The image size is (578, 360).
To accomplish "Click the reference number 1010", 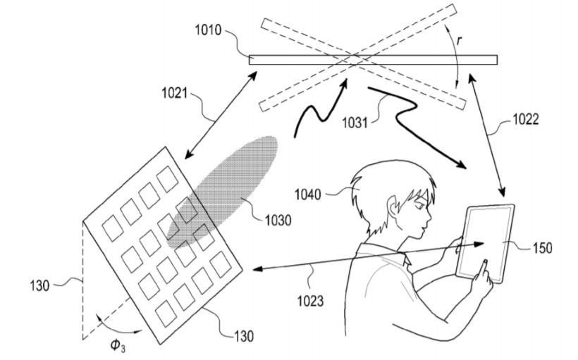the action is pyautogui.click(x=208, y=30).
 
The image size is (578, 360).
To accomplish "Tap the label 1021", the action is pyautogui.click(x=175, y=93).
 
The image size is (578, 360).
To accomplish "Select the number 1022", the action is pyautogui.click(x=526, y=119).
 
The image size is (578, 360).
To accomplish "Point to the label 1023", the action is pyautogui.click(x=310, y=301).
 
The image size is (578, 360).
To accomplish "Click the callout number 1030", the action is pyautogui.click(x=278, y=221).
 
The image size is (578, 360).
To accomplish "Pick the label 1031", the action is pyautogui.click(x=355, y=123).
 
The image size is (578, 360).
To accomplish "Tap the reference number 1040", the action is pyautogui.click(x=308, y=194).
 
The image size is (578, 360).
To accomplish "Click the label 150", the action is pyautogui.click(x=542, y=248).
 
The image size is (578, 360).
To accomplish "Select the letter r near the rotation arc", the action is pyautogui.click(x=460, y=41).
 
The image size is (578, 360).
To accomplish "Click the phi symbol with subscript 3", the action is pyautogui.click(x=118, y=346).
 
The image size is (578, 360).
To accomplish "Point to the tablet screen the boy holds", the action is pyautogui.click(x=486, y=242).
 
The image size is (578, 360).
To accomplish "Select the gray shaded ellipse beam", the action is pyautogui.click(x=222, y=192).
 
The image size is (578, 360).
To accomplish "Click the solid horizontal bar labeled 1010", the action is pyautogui.click(x=373, y=60).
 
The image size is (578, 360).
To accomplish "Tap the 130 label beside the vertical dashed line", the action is pyautogui.click(x=39, y=285).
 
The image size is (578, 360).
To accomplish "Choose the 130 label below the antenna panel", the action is pyautogui.click(x=244, y=336).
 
